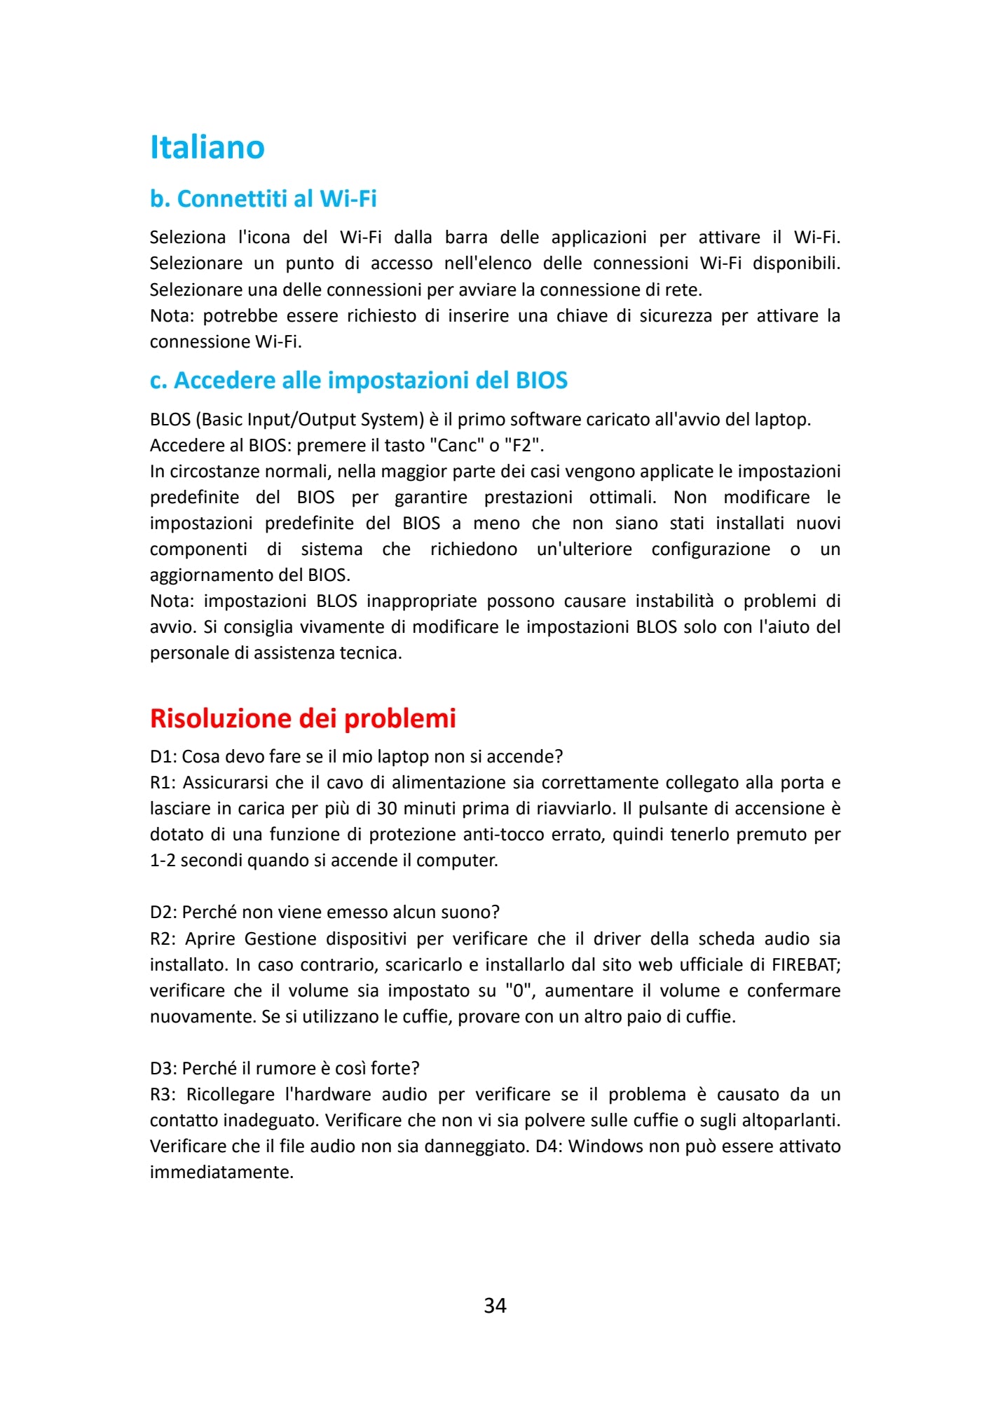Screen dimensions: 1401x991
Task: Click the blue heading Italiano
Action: (207, 147)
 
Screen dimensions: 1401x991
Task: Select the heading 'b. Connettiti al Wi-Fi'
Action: (263, 199)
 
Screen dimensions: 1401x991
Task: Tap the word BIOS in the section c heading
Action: (541, 381)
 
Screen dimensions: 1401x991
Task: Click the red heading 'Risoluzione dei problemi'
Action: (303, 718)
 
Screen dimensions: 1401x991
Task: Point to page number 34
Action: (495, 1305)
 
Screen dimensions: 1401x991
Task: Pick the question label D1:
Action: (163, 757)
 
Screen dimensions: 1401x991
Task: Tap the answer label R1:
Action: (163, 783)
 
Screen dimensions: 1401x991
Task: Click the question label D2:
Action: (163, 913)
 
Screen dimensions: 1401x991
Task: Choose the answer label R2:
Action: (163, 939)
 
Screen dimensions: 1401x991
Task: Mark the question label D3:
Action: (163, 1068)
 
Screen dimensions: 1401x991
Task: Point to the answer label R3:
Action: (163, 1095)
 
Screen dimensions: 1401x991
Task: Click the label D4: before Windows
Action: (549, 1147)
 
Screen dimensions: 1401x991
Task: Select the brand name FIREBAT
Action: (804, 965)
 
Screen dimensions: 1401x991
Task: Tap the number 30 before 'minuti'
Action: (388, 809)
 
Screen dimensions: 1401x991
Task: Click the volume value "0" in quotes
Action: (519, 991)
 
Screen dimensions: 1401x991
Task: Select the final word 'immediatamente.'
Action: (221, 1173)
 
